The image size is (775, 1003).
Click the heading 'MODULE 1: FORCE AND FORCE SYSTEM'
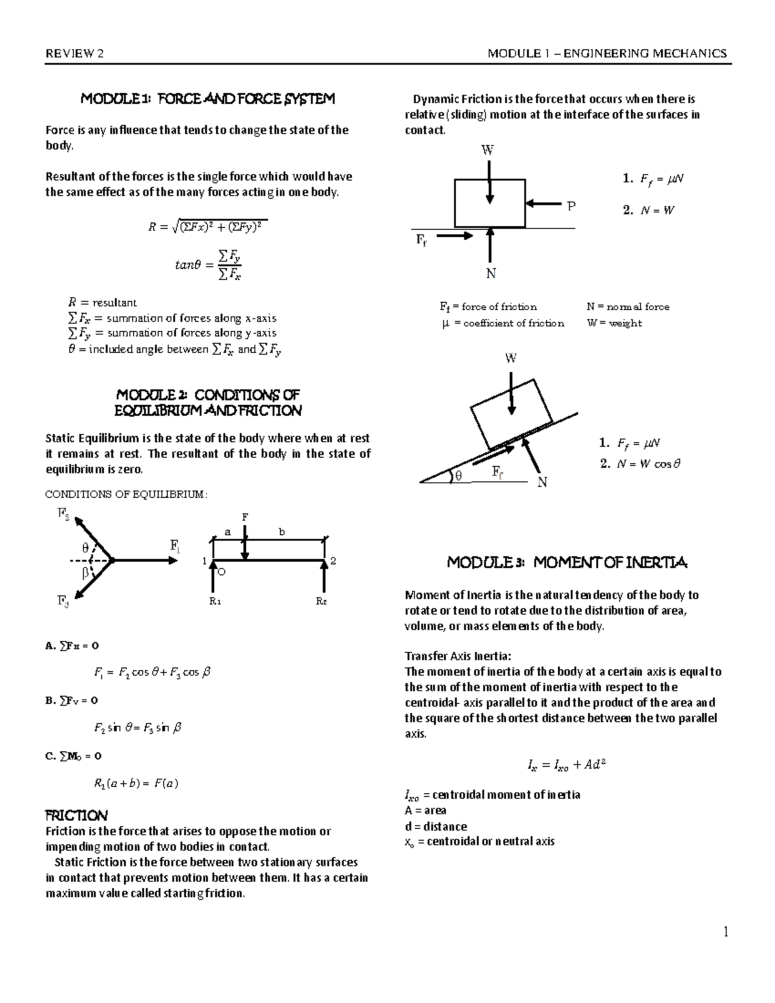point(207,99)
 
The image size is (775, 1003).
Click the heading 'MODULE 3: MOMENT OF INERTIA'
point(568,563)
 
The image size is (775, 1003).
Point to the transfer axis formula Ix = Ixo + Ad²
point(566,766)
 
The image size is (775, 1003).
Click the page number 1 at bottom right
point(726,932)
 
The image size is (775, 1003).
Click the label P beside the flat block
point(570,207)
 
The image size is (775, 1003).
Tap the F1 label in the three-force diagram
point(175,546)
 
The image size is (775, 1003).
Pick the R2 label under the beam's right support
point(321,601)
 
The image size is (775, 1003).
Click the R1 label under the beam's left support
point(215,601)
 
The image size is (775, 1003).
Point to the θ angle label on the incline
point(459,476)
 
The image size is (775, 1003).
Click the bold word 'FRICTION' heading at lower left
point(75,815)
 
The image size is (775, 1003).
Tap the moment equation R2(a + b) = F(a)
point(136,783)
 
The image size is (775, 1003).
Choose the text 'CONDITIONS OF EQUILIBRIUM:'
point(127,495)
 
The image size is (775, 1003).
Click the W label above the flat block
point(488,150)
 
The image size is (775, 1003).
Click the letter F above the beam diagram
point(245,517)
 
